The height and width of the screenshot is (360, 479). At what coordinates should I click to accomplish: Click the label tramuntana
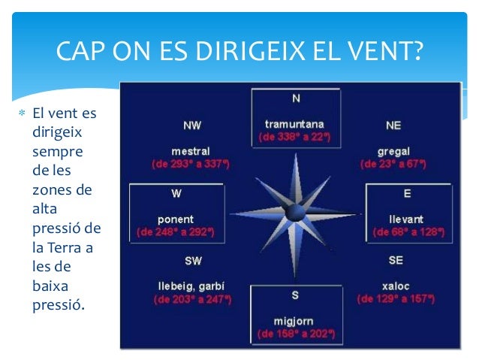pos(294,124)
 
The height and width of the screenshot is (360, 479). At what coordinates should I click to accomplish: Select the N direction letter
pos(295,98)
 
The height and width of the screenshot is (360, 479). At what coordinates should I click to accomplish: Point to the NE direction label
pos(393,125)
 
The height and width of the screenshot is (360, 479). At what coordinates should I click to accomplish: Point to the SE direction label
pos(396,260)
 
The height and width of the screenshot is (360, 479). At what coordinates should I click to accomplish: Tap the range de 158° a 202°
pos(295,332)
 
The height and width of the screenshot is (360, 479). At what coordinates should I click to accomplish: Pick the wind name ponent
pos(176,219)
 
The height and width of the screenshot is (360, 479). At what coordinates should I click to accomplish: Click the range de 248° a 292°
pos(176,232)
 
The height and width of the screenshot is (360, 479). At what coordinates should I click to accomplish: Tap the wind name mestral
pos(191,150)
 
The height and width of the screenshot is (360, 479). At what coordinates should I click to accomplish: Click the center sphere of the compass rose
pos(295,213)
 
